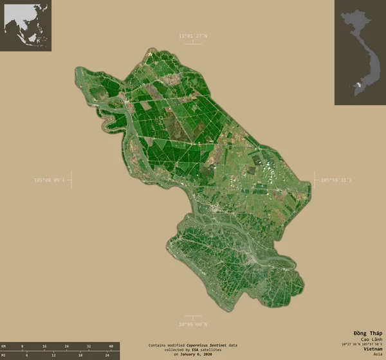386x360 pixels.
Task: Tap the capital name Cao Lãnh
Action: pyautogui.click(x=370, y=339)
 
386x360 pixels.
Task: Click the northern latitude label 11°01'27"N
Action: pyautogui.click(x=193, y=36)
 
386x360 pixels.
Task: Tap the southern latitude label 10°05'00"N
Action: pyautogui.click(x=193, y=325)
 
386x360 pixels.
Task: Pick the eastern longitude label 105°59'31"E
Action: pyautogui.click(x=336, y=180)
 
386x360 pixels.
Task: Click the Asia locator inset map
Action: pyautogui.click(x=28, y=26)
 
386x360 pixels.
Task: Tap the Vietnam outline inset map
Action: pyautogui.click(x=359, y=51)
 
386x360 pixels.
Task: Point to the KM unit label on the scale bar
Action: pyautogui.click(x=4, y=346)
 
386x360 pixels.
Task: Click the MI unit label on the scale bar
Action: pyautogui.click(x=4, y=354)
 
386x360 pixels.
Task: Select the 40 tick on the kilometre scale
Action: pyautogui.click(x=111, y=346)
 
